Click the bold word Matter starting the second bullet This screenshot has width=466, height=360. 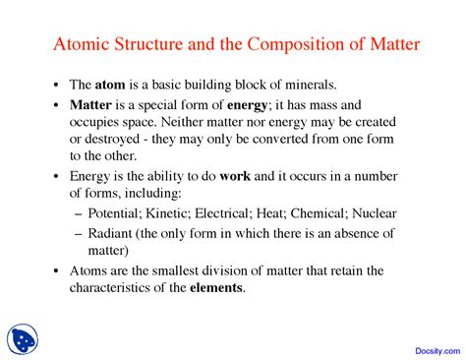(x=91, y=103)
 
